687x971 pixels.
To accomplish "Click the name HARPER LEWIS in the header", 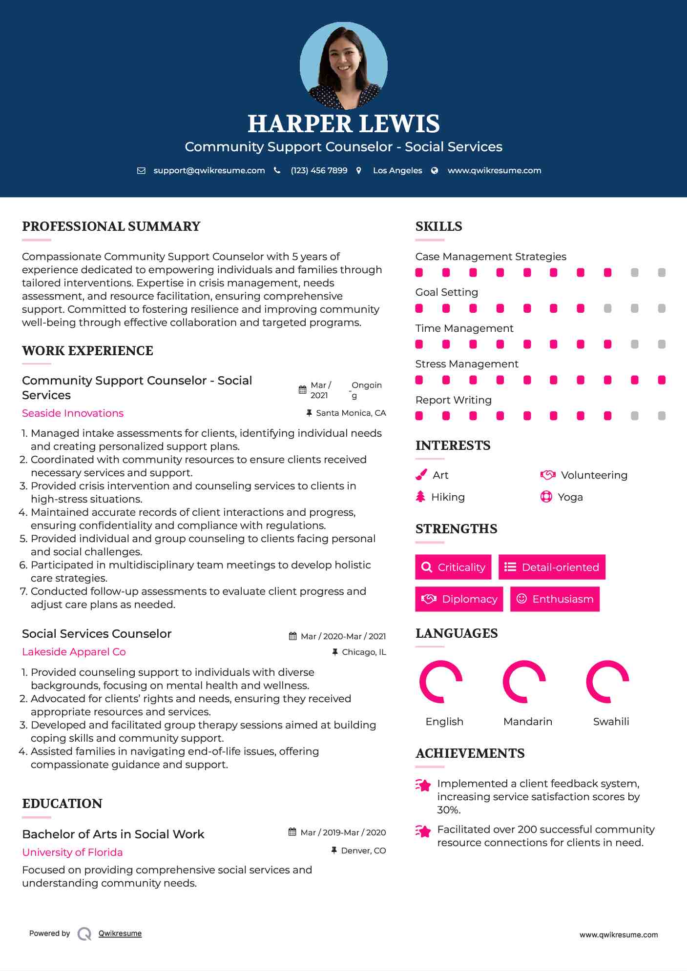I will (343, 124).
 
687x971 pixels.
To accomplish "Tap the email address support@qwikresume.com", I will (209, 170).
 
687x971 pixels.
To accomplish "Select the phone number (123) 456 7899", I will (319, 170).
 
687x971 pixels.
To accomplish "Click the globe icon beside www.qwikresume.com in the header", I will (435, 170).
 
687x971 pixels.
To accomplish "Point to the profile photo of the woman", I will (343, 65).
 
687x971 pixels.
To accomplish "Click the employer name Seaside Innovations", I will (73, 413).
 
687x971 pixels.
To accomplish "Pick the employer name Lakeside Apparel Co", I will (74, 652).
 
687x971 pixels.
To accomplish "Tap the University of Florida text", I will (72, 852).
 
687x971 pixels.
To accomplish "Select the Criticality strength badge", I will (453, 567).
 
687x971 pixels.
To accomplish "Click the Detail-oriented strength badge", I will (552, 567).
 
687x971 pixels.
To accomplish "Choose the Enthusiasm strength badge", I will (555, 599).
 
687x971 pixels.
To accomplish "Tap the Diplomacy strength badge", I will (459, 599).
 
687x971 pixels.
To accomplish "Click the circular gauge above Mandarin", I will (524, 682).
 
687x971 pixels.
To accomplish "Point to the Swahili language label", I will (611, 722).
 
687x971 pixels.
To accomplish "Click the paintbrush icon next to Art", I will (421, 475).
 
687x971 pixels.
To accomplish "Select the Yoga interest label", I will (570, 497).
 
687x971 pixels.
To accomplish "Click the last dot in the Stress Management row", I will (662, 380).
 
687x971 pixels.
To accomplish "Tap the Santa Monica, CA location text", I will (351, 413).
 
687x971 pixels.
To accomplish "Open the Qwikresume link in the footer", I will (120, 933).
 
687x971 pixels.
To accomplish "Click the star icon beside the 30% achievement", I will (423, 785).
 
